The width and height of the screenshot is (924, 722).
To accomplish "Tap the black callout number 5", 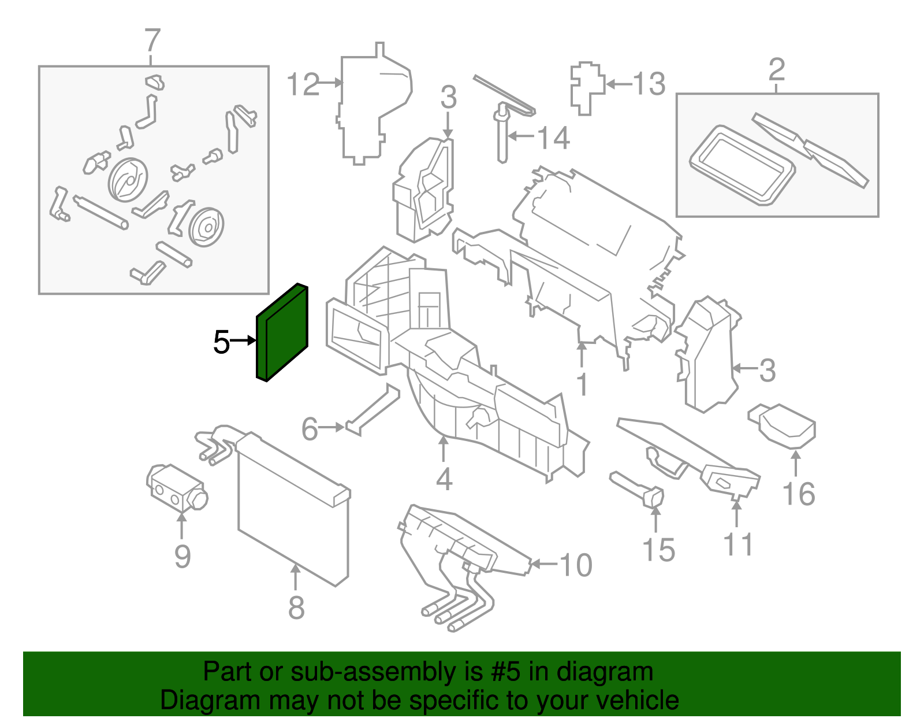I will [x=221, y=342].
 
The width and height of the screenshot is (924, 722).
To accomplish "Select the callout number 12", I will [x=303, y=85].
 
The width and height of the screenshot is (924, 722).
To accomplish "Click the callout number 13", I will [x=649, y=84].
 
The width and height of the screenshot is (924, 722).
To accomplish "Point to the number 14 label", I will [x=553, y=138].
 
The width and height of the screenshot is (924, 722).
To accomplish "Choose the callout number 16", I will [x=799, y=495].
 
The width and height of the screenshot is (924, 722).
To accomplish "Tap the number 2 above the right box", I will [x=777, y=70].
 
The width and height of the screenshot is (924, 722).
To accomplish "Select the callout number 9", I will [x=182, y=557].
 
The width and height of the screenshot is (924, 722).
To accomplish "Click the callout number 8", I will [x=296, y=608].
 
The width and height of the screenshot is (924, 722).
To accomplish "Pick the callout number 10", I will [x=575, y=565].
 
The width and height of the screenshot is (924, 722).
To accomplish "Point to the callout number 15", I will [x=658, y=550].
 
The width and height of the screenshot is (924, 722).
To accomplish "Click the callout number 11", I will [x=738, y=545].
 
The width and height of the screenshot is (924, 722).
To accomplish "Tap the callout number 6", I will [x=310, y=429].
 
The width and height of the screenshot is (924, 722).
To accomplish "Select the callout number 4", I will [x=444, y=479].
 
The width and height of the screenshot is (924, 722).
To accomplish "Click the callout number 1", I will [x=583, y=384].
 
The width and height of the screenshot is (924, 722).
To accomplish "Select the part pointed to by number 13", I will [x=586, y=87].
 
